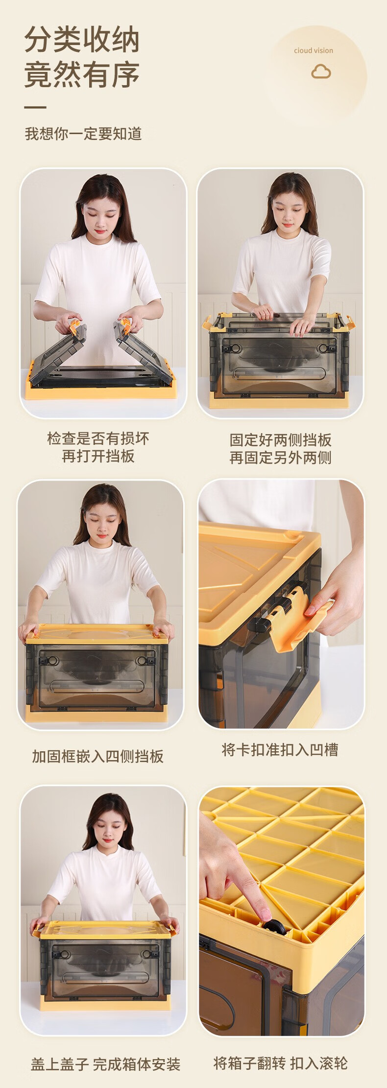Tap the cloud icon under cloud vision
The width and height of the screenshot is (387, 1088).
321,72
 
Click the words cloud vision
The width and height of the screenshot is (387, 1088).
314,50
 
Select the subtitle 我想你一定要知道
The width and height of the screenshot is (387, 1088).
83,134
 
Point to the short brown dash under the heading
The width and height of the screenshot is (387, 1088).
35,107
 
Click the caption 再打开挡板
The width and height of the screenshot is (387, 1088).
98,456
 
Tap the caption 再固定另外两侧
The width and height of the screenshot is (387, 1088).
281,458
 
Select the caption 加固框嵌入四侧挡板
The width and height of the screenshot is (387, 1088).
98,756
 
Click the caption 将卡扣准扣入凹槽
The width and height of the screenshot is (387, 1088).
280,750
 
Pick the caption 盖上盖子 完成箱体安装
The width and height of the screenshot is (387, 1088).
106,1064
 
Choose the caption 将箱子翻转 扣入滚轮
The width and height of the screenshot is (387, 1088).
281,1063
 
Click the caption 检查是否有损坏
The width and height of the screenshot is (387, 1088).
98,438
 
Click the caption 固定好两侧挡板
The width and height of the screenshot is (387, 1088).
281,440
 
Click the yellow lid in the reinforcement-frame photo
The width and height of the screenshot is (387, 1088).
97,634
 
